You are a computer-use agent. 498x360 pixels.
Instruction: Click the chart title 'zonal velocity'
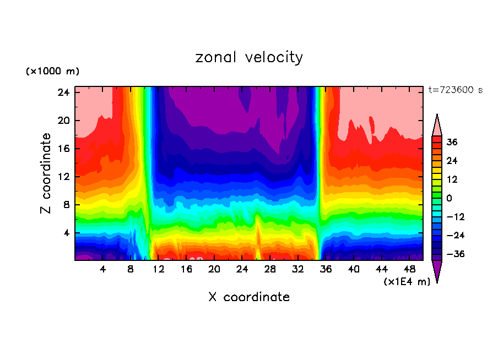(249, 57)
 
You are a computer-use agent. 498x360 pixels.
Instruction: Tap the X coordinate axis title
(249, 297)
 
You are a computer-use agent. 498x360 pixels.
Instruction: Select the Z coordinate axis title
(46, 173)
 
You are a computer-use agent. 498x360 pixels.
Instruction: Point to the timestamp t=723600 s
(455, 90)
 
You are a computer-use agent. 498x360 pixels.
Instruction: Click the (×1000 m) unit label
(52, 72)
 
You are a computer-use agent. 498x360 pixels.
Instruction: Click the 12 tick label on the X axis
(159, 270)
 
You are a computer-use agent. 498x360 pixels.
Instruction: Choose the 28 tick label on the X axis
(270, 270)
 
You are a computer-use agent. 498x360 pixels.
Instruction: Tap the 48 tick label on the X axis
(409, 270)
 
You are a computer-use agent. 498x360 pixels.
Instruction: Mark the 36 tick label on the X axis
(326, 270)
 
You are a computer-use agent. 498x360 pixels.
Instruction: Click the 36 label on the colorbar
(452, 142)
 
